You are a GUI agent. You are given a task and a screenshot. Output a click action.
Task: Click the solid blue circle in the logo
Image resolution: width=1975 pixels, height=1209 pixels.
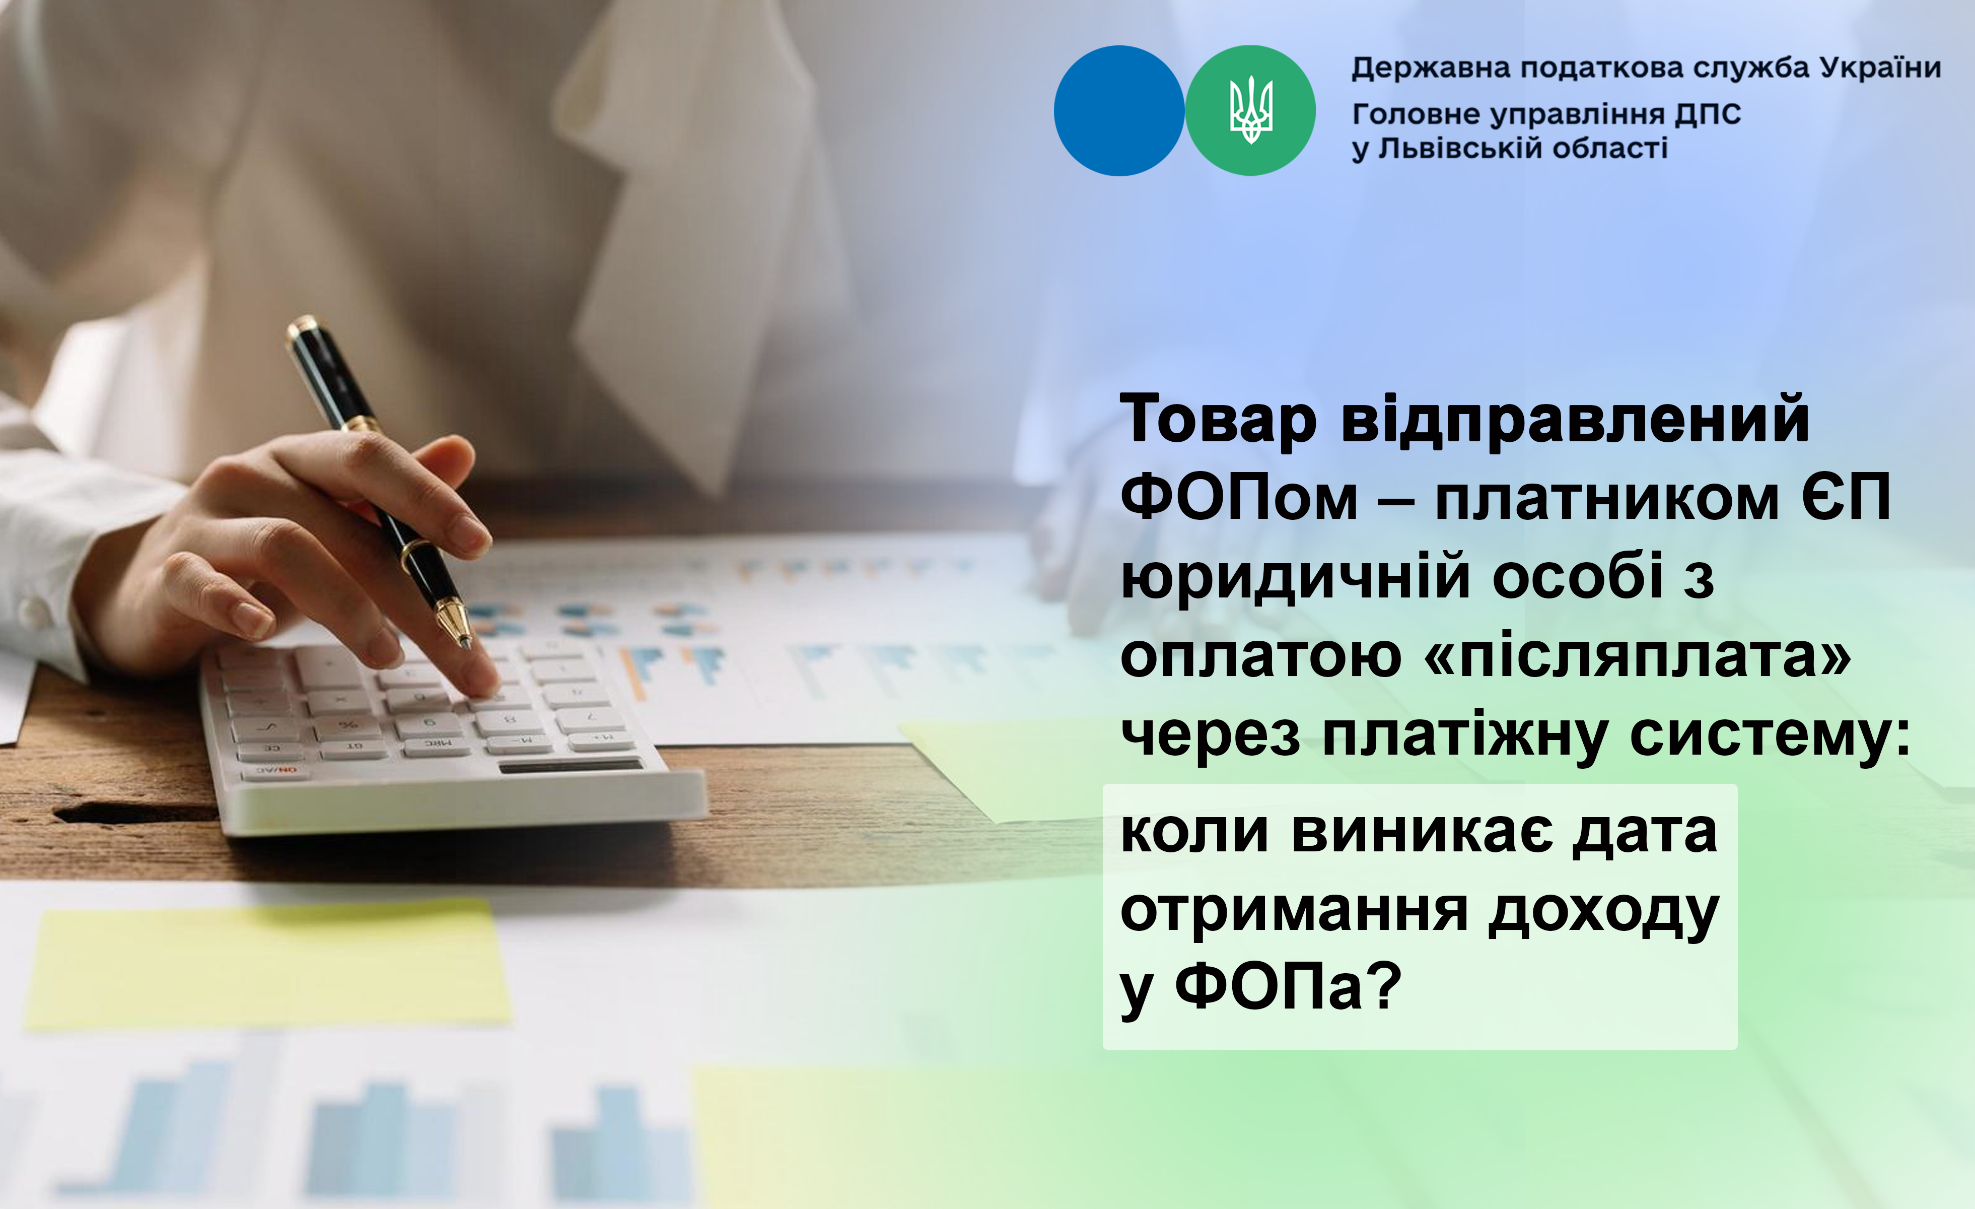(1119, 111)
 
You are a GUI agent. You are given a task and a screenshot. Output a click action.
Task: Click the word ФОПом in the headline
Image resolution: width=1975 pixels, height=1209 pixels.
(1239, 497)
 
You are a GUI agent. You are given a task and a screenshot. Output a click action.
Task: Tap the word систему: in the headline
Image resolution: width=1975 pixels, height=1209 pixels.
(1771, 736)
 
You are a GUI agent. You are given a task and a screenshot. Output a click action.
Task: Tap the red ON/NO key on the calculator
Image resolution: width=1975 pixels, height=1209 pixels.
(276, 771)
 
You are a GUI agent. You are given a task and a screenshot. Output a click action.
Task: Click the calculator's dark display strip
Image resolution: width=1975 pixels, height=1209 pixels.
(571, 766)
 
